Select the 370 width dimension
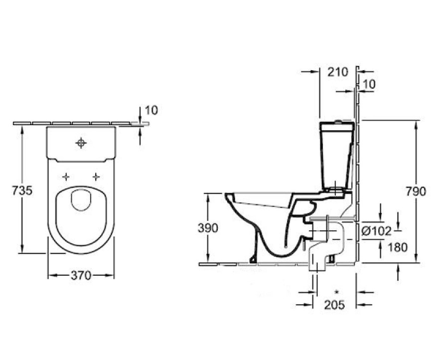coord(81,275)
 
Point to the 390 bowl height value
coord(208,228)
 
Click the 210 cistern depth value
coord(337,72)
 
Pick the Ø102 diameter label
coord(376,230)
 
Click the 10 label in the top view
coord(151,110)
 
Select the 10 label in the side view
coord(369,85)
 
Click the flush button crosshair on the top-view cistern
coord(81,144)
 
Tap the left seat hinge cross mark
coord(66,177)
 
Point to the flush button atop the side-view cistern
coord(339,121)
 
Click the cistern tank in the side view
coord(336,155)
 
